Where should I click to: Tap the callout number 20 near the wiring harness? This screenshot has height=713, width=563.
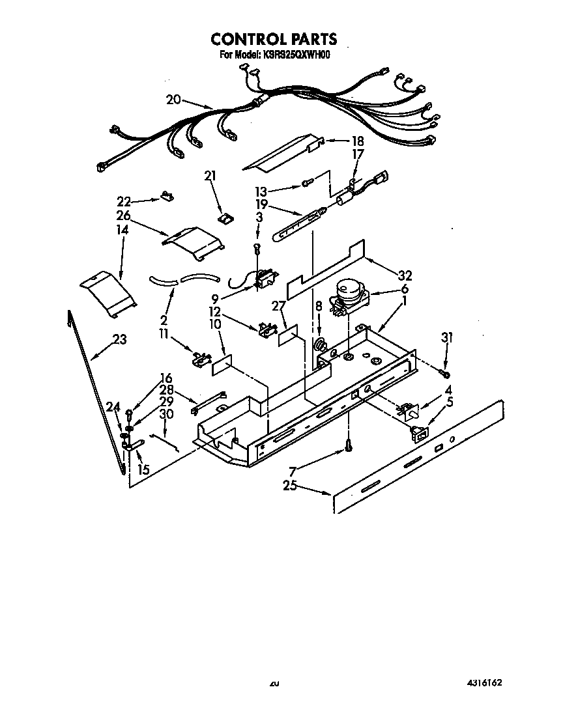click(173, 100)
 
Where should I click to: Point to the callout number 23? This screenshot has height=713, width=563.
click(119, 339)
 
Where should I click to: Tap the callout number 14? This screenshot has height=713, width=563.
click(123, 230)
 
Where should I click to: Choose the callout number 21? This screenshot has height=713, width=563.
click(210, 175)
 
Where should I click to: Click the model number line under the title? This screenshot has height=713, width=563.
click(274, 55)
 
